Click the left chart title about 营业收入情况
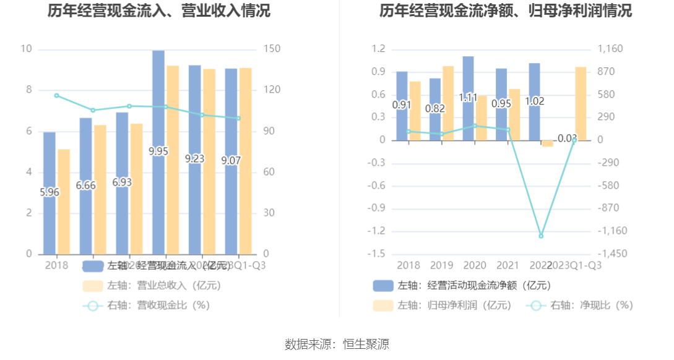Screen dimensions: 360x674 [159, 11]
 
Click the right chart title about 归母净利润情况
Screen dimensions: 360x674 [506, 11]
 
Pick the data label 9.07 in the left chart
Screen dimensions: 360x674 [231, 161]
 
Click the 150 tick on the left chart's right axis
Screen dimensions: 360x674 [273, 49]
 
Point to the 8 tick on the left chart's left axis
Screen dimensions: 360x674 [28, 90]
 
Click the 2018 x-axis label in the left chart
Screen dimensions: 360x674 [56, 265]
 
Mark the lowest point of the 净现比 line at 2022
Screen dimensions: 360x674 [541, 236]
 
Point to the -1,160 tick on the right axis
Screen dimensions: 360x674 [611, 231]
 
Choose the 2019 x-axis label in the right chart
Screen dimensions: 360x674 [442, 265]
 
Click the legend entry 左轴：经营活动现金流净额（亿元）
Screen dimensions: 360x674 [461, 285]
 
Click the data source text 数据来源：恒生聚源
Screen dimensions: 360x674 [337, 345]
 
